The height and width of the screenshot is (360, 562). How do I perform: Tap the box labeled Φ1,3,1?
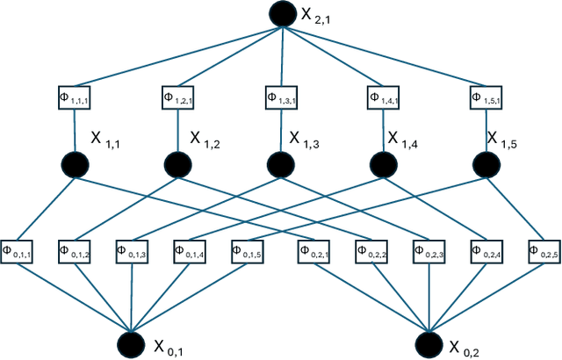(x=281, y=97)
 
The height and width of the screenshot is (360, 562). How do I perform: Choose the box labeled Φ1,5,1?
(x=488, y=97)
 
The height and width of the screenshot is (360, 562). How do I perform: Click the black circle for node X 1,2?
(x=177, y=163)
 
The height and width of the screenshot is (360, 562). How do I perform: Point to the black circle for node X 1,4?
(x=384, y=163)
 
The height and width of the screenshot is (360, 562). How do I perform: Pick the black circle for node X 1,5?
(x=487, y=163)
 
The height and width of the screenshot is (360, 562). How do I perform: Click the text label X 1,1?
(x=107, y=138)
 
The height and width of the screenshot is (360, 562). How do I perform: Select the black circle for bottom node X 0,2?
(x=429, y=343)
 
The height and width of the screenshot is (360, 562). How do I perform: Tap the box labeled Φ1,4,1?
(x=384, y=97)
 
